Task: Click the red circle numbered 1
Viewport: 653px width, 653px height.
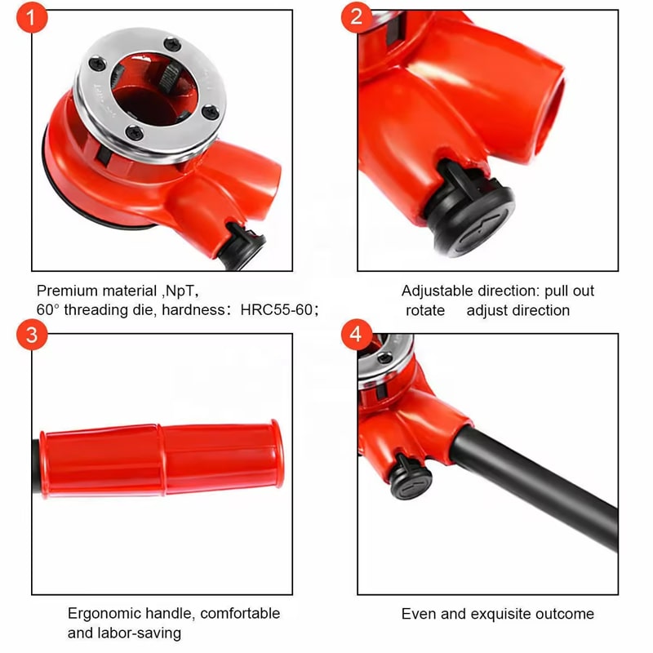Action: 32,17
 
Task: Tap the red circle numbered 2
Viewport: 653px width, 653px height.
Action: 357,16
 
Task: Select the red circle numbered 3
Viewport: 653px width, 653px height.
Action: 32,335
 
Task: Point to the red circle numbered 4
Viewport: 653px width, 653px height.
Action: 357,334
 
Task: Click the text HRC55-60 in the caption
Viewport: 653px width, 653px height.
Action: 277,310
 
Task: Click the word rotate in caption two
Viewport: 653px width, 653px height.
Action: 425,311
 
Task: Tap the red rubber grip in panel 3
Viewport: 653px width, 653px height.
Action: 162,459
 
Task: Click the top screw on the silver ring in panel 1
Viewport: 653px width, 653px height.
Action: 172,44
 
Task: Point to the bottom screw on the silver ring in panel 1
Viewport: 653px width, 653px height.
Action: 135,133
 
